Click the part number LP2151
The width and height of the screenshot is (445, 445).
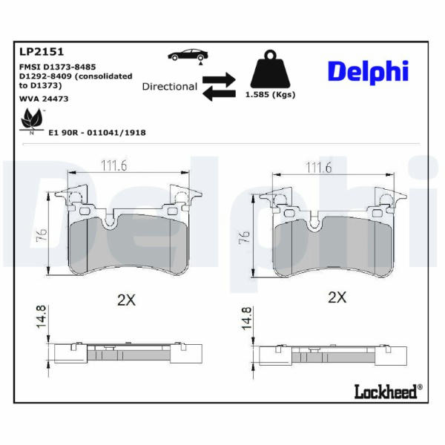(42, 52)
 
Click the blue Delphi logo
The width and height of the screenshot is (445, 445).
(368, 72)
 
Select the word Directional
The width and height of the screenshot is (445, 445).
(169, 87)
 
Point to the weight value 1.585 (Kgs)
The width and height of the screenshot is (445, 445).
(270, 94)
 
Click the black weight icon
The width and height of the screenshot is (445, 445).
(270, 69)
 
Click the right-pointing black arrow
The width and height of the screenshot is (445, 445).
(219, 80)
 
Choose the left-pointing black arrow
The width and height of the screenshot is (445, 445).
(219, 93)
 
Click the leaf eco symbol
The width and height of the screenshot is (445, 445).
(32, 120)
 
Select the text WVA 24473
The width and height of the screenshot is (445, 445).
(44, 99)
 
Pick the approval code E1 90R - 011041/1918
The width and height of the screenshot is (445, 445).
(97, 133)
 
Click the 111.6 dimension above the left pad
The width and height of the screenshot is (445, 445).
(114, 165)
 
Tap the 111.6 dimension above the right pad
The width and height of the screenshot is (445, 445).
(318, 168)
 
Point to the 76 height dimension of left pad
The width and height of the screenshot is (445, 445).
(42, 235)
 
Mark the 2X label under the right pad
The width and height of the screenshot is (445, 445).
(337, 297)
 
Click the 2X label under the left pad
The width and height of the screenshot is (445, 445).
(127, 300)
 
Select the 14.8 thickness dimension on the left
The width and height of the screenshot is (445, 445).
(41, 317)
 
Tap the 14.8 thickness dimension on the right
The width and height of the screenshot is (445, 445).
(246, 318)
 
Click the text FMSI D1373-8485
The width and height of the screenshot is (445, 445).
(58, 67)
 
